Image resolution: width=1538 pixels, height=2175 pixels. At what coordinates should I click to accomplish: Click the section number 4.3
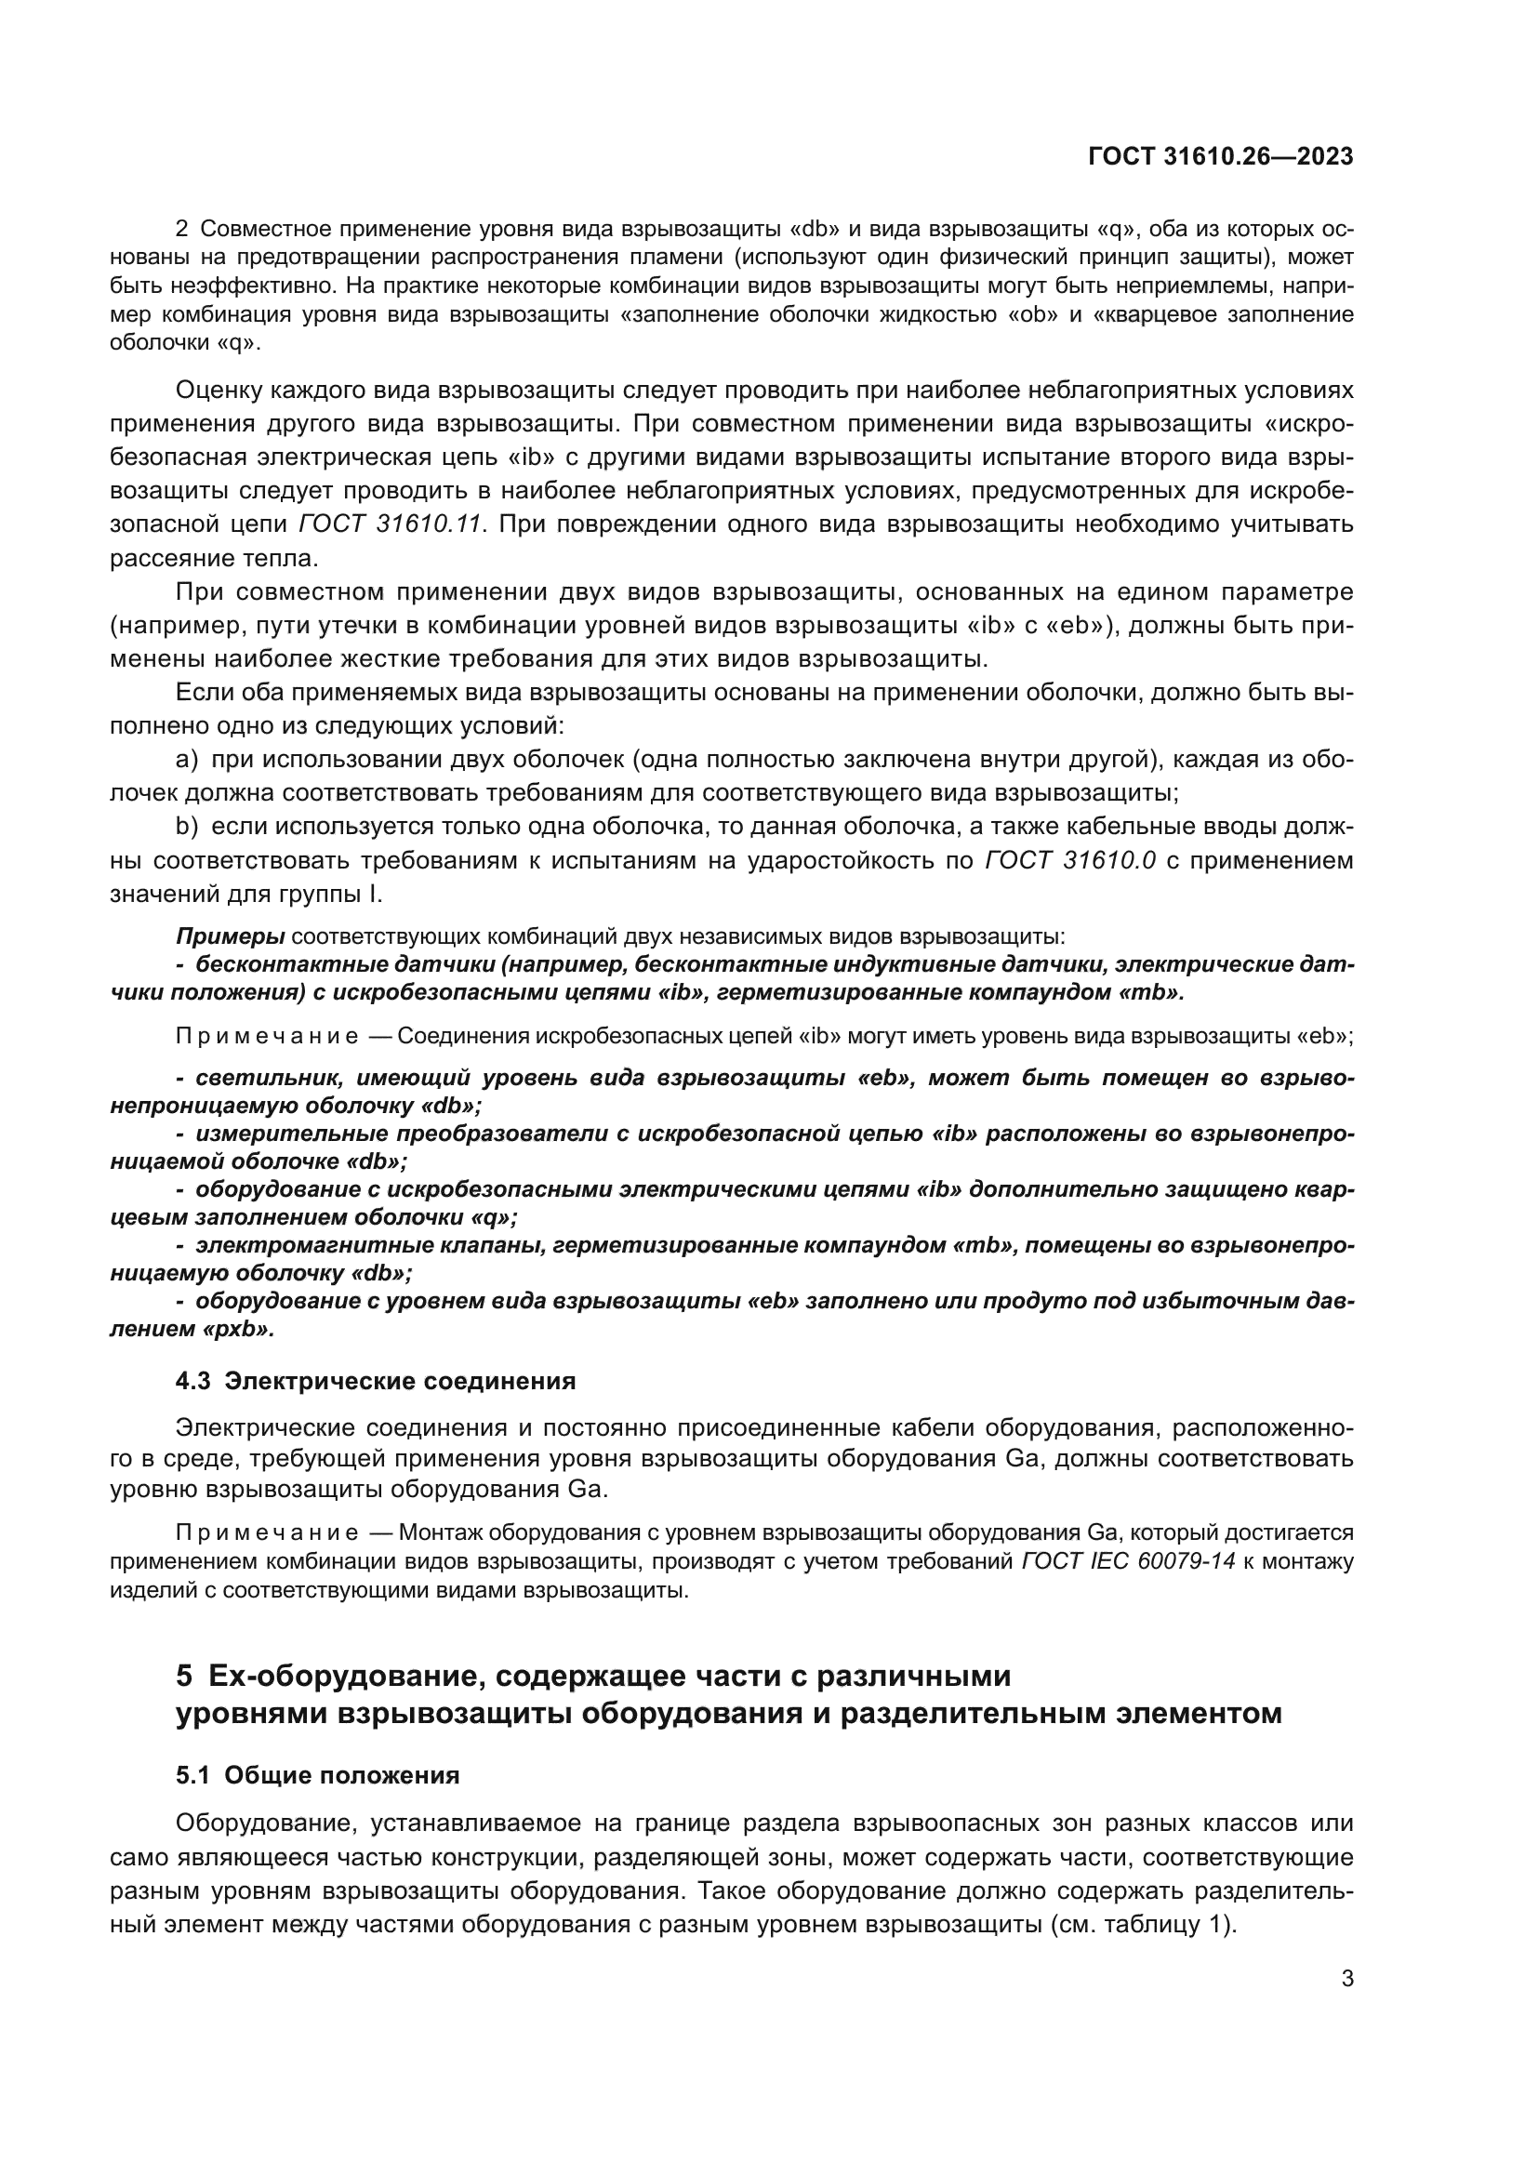[193, 1380]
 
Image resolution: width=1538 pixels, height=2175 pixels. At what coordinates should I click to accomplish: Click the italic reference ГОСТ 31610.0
[1070, 860]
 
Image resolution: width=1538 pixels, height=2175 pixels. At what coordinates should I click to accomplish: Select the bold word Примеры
[230, 936]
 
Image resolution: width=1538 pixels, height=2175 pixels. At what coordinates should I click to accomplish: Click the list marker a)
[187, 760]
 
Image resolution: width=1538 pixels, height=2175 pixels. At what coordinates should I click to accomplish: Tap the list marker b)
[187, 826]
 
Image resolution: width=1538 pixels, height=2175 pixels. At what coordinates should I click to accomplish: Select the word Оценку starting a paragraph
[219, 391]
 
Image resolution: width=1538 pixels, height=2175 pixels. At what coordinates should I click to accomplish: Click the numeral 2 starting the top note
[182, 230]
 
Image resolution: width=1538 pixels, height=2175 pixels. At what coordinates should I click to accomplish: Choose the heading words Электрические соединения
[400, 1380]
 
